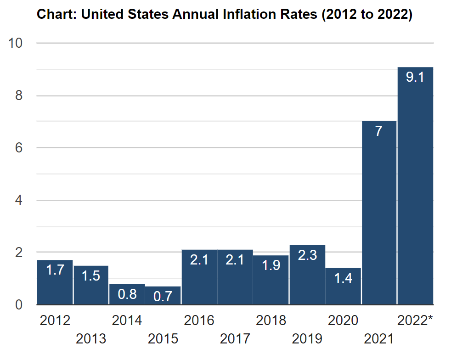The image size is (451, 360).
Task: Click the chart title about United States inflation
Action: pyautogui.click(x=225, y=14)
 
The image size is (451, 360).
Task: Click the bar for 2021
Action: pyautogui.click(x=379, y=216)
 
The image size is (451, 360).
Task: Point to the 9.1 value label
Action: pyautogui.click(x=415, y=77)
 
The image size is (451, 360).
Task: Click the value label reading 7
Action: pyautogui.click(x=379, y=131)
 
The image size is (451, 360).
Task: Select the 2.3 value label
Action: pyautogui.click(x=307, y=255)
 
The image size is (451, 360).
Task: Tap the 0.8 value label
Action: pyautogui.click(x=127, y=294)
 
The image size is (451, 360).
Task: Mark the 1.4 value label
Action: pyautogui.click(x=343, y=278)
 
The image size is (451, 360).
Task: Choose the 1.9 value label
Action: pyautogui.click(x=271, y=265)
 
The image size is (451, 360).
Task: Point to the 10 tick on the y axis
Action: pyautogui.click(x=16, y=43)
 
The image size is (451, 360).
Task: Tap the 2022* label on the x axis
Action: pyautogui.click(x=415, y=321)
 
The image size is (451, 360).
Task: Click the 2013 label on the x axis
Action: pyautogui.click(x=91, y=339)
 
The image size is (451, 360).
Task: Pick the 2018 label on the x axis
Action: pyautogui.click(x=271, y=321)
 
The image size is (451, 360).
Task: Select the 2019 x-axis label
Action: pyautogui.click(x=307, y=339)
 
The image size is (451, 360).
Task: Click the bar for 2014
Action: pyautogui.click(x=127, y=294)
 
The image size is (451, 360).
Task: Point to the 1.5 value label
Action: pyautogui.click(x=91, y=276)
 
